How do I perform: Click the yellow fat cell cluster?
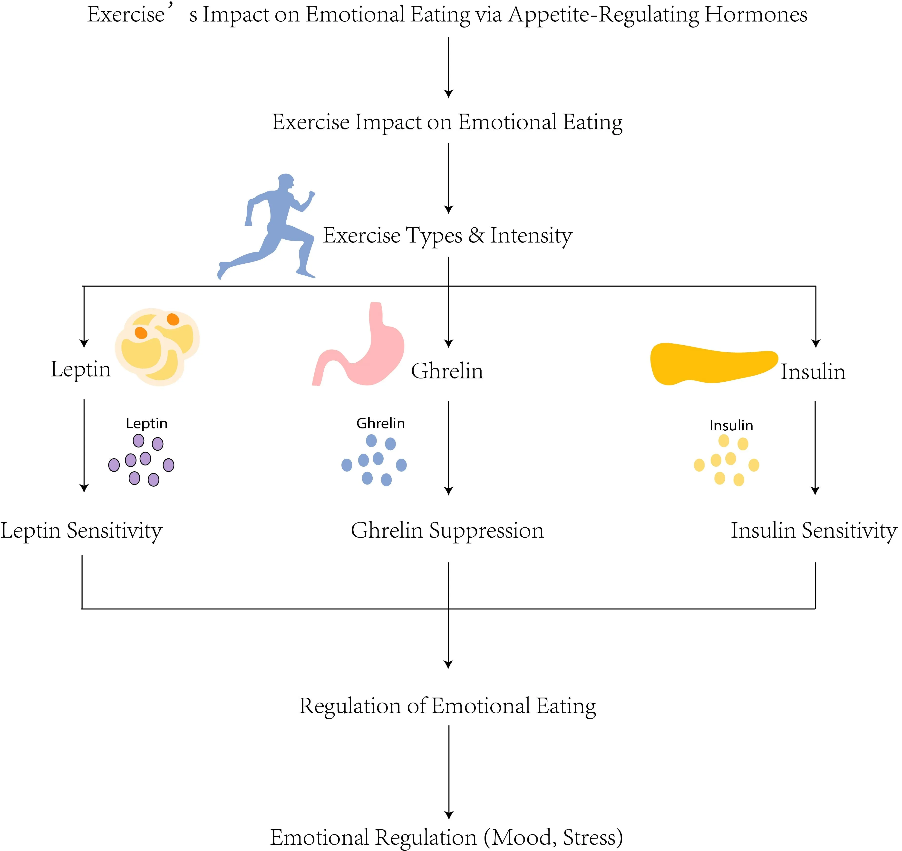tap(156, 347)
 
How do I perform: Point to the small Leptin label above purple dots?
tap(146, 423)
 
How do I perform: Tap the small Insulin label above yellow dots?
tap(731, 425)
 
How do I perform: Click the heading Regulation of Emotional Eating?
tap(447, 706)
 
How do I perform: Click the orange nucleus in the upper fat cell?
tap(173, 319)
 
